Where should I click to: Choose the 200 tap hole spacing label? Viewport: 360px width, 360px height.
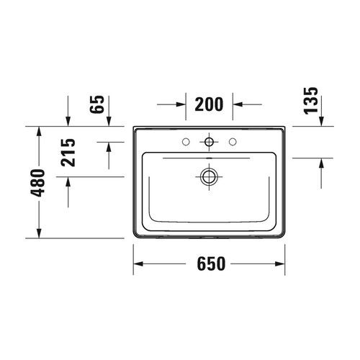[209, 104]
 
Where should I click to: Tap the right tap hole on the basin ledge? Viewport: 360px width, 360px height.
[233, 140]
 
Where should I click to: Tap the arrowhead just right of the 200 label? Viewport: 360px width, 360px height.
[236, 104]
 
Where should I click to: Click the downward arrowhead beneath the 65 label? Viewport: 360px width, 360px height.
[68, 122]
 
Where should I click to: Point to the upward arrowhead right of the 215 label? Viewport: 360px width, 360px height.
[108, 146]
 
